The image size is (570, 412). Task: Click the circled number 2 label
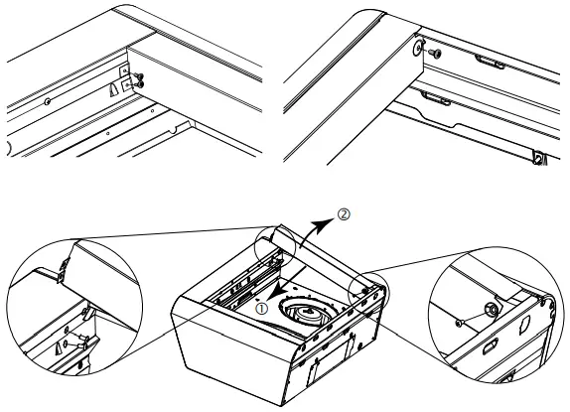[x=343, y=212]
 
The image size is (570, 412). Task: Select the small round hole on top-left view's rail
[x=48, y=100]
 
